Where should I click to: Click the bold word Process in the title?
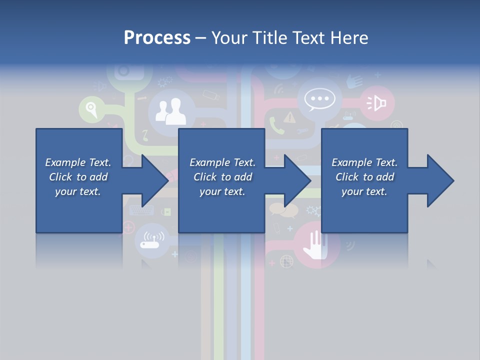tap(157, 38)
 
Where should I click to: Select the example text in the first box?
tap(78, 177)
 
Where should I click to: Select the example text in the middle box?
tap(222, 177)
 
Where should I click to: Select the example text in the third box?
tap(364, 177)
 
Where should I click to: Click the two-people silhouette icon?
tap(170, 111)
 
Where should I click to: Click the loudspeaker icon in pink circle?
tap(377, 103)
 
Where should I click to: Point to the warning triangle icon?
tap(289, 117)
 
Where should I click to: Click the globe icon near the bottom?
tap(286, 260)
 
